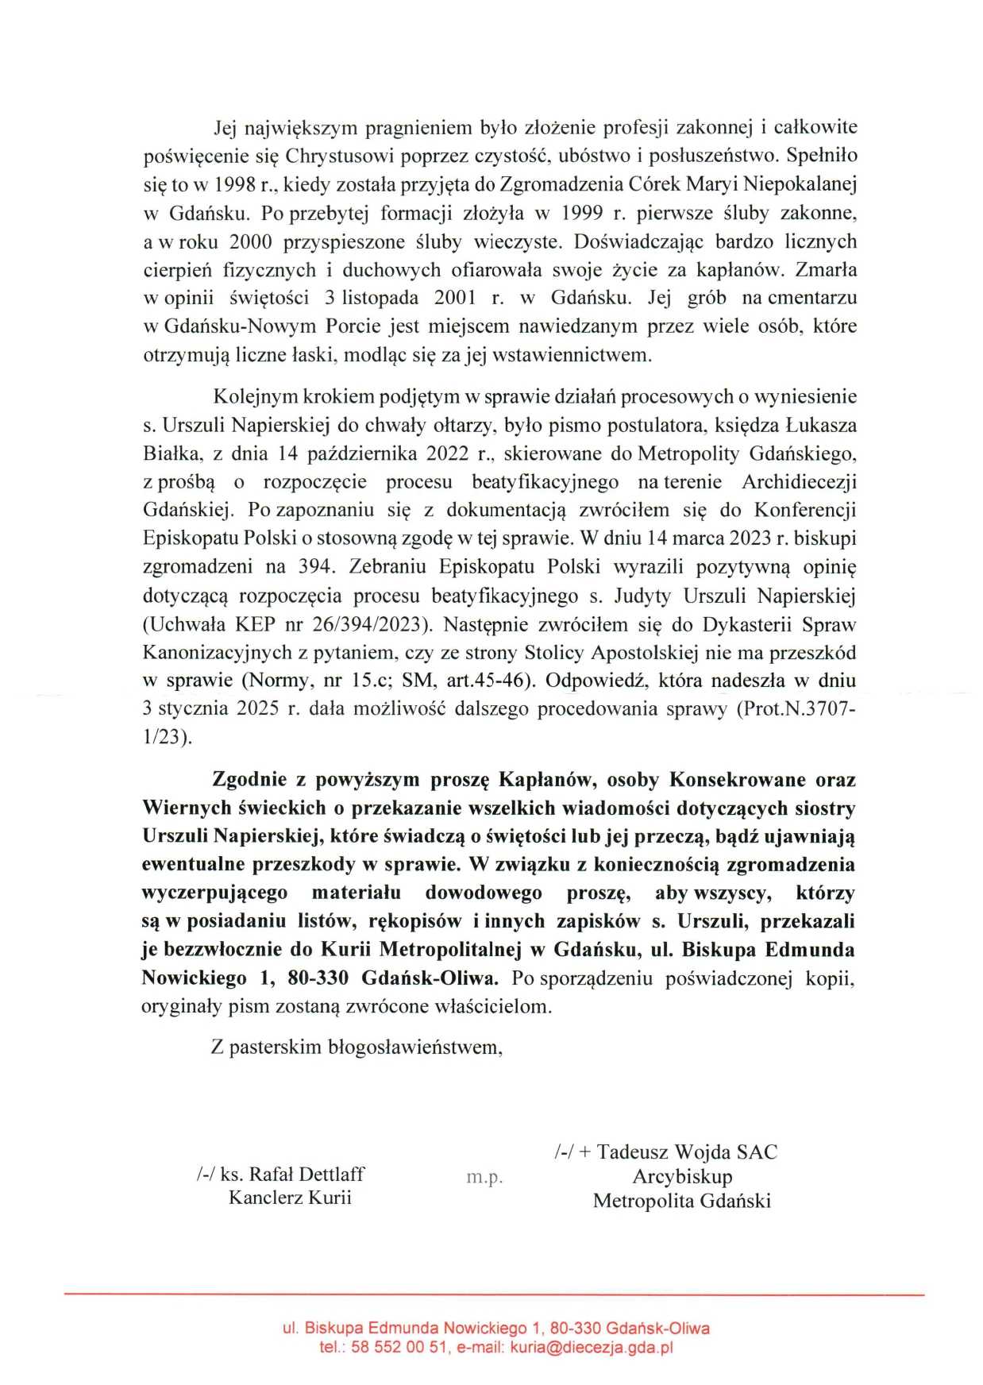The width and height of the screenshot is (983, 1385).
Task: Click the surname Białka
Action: point(172,453)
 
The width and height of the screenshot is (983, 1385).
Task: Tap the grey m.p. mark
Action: point(484,1177)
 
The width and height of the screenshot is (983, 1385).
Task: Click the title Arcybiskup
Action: point(682,1176)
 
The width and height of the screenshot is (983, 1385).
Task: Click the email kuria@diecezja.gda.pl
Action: point(592,1348)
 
